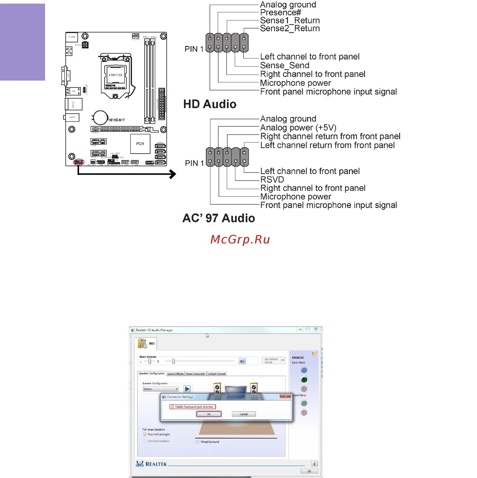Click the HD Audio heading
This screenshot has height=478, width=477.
210,104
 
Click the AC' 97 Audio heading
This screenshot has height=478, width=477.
219,218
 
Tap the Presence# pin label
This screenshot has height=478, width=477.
280,13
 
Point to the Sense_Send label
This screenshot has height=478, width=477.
284,66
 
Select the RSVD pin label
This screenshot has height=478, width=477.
272,179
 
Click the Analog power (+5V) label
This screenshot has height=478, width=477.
298,127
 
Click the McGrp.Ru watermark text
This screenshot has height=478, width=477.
240,239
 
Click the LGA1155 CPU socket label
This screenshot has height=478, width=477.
115,75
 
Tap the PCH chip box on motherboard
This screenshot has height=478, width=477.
140,144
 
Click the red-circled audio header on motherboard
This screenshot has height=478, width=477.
79,162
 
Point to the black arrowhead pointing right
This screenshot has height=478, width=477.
173,174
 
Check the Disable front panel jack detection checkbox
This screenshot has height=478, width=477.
172,407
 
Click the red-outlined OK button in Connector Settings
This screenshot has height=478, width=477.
209,414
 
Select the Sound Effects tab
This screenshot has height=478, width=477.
175,374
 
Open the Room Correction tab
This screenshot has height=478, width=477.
195,374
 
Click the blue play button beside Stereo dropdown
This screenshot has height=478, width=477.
187,389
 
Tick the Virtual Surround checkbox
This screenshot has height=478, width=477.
198,442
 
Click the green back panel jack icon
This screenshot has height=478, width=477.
304,379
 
